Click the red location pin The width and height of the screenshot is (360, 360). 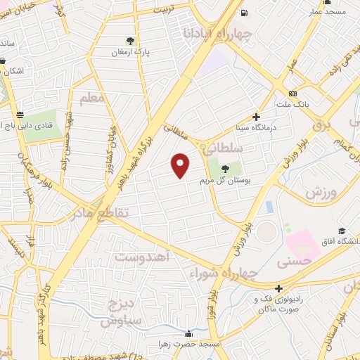tap(181, 165)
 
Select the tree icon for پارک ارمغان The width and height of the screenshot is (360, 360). tap(129, 40)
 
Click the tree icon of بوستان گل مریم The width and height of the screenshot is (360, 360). tap(224, 169)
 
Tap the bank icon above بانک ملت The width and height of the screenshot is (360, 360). tap(293, 94)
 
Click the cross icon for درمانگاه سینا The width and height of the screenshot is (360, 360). tap(256, 117)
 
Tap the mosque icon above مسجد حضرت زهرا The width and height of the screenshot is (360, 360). tap(188, 334)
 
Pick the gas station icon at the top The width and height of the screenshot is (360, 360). tap(243, 13)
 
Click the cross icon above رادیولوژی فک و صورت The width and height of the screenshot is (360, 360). tap(280, 288)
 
